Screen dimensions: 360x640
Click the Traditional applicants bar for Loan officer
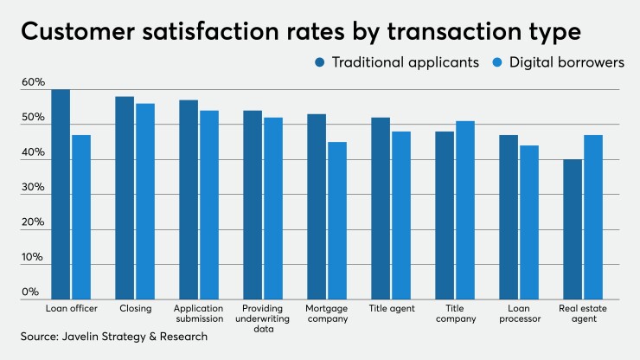pos(61,195)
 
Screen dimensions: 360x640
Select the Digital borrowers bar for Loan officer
pos(81,217)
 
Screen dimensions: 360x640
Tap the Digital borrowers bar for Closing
pos(145,202)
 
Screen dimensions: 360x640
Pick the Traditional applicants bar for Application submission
pos(189,200)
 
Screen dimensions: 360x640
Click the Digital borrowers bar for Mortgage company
pos(337,221)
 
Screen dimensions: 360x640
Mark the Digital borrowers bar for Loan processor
pos(528,222)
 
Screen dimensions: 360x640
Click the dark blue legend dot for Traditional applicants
pos(318,62)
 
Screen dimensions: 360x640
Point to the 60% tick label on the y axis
pos(33,82)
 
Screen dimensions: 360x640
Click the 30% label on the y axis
pos(33,188)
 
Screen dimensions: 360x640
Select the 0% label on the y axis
pos(30,292)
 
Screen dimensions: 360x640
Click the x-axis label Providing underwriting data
pos(264,313)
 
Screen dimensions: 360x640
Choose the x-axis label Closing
pos(136,308)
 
